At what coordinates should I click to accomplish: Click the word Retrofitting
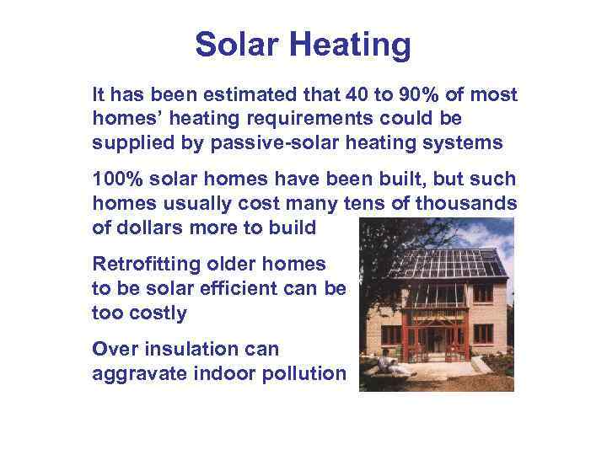point(142,265)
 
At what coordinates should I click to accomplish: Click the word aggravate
point(135,372)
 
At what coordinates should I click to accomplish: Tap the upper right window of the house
point(482,293)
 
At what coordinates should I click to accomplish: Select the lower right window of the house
point(483,332)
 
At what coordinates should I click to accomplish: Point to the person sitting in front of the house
point(386,363)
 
